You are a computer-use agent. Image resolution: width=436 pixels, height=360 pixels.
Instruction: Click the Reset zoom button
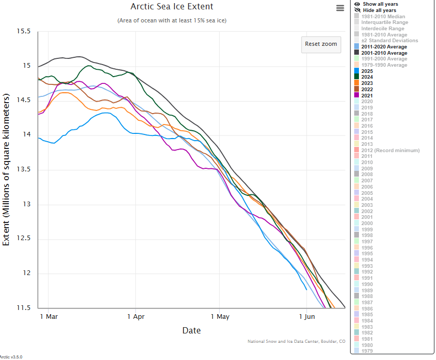(321, 44)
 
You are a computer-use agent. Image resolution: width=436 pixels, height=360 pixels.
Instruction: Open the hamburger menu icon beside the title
(340, 8)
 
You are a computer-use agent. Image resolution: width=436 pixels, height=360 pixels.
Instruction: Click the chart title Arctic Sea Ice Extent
(172, 7)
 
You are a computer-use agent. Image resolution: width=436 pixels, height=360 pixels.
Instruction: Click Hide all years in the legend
(379, 10)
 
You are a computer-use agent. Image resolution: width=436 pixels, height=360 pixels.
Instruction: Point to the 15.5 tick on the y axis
(23, 32)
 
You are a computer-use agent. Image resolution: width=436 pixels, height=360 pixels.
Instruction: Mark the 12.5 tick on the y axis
(23, 239)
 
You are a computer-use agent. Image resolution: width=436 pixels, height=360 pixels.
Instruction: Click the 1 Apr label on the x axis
(135, 316)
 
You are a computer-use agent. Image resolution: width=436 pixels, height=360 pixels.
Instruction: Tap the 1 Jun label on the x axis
(306, 316)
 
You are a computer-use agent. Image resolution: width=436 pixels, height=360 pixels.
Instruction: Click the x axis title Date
(191, 330)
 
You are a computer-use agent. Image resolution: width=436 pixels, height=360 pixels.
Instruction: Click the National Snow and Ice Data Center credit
(296, 342)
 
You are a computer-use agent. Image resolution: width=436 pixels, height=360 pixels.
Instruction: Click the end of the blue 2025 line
(306, 289)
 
